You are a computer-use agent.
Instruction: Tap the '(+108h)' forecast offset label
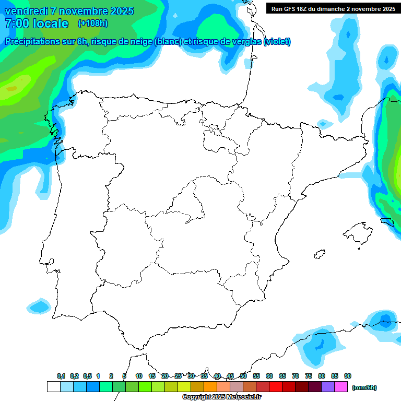tap(92, 23)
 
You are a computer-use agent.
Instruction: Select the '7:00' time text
tap(16, 23)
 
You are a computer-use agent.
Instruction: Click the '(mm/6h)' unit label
tap(364, 387)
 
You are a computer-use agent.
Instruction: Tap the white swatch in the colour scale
tap(53, 387)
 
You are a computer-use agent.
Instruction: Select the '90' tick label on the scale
tap(348, 376)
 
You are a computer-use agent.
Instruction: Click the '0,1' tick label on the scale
tap(61, 376)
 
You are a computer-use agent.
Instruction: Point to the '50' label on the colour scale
tap(243, 376)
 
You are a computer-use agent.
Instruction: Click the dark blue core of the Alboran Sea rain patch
tap(320, 345)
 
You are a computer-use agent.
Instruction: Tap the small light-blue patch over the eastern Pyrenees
tap(324, 124)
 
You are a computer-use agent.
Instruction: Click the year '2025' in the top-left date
tap(119, 11)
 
